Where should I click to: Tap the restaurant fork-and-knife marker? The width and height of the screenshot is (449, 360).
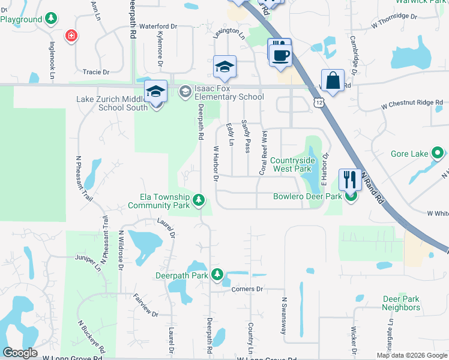pyautogui.click(x=349, y=179)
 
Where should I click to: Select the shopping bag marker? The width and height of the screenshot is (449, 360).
pyautogui.click(x=332, y=80)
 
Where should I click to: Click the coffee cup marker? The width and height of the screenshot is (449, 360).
pyautogui.click(x=280, y=55)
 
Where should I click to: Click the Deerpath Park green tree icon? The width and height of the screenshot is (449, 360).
pyautogui.click(x=217, y=275)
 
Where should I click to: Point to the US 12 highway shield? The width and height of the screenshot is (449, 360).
pyautogui.click(x=318, y=104)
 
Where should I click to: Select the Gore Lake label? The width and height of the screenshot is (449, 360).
pyautogui.click(x=409, y=154)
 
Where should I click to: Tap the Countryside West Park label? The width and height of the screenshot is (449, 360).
pyautogui.click(x=292, y=164)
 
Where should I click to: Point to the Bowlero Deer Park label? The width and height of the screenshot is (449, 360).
pyautogui.click(x=307, y=196)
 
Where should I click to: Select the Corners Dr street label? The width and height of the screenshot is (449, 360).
pyautogui.click(x=247, y=289)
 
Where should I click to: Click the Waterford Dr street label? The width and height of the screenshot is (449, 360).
pyautogui.click(x=158, y=27)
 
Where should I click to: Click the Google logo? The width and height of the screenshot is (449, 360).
pyautogui.click(x=20, y=353)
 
